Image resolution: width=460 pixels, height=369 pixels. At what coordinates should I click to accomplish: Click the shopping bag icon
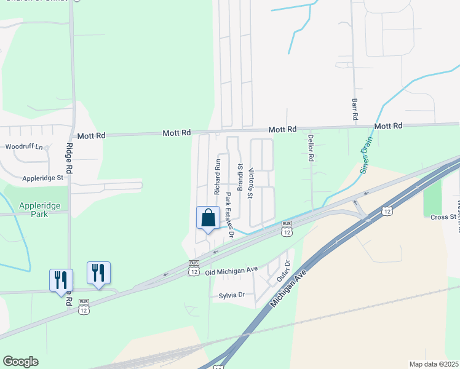(208, 218)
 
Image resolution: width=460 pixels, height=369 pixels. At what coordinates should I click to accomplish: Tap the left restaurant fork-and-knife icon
(61, 280)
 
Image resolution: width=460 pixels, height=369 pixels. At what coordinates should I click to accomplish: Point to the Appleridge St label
(43, 178)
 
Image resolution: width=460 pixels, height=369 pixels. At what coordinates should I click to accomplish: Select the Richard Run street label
(217, 178)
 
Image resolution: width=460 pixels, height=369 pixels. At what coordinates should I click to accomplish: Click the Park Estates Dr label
(229, 214)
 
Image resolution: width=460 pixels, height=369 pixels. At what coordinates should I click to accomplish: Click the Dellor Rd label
(311, 148)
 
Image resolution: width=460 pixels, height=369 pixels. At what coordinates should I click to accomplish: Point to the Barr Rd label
(355, 109)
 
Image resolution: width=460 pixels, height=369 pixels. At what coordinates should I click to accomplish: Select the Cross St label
(443, 217)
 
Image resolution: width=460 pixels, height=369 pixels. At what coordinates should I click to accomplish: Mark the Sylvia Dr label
(232, 295)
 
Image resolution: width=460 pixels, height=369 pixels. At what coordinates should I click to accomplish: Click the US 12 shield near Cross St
(387, 211)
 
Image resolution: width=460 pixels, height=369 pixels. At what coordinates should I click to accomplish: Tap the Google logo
(20, 362)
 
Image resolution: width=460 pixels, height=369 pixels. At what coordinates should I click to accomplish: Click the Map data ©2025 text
(434, 364)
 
